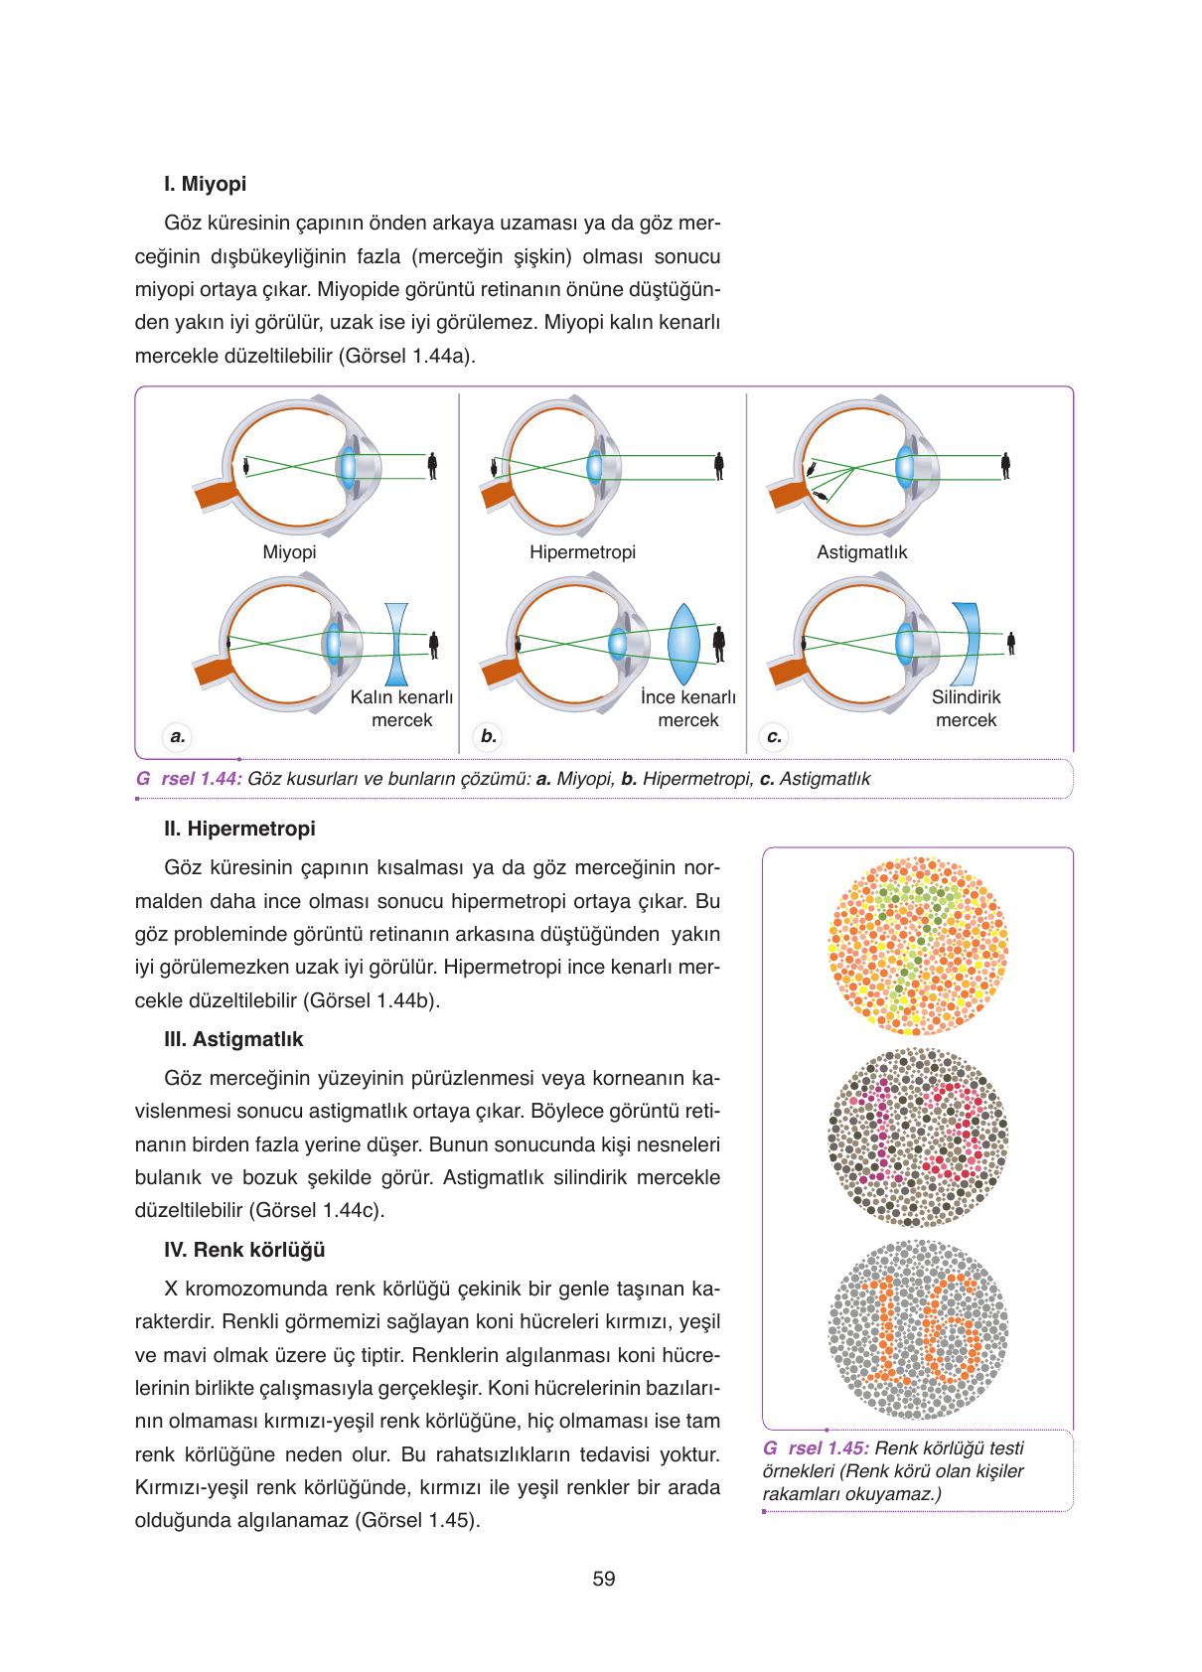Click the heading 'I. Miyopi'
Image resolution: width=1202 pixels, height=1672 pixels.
coord(205,184)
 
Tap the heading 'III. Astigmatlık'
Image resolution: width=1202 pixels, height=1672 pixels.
coord(233,1039)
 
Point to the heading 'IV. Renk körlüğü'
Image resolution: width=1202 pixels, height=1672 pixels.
coord(244,1250)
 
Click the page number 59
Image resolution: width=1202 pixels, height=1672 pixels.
coord(603,1578)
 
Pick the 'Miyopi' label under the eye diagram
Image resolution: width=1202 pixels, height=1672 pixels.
coord(289,552)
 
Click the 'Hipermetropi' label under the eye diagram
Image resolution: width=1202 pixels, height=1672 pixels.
coord(582,552)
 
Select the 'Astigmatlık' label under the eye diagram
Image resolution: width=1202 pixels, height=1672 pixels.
coord(861,552)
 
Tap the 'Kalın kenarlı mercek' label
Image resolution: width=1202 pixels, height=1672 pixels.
coord(401,708)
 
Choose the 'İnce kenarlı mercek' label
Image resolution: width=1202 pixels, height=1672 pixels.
coord(687,708)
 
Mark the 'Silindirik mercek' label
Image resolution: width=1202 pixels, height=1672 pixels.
coord(966,708)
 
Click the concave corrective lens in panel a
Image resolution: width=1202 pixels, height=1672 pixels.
coord(397,643)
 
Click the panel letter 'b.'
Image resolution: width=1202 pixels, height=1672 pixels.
coord(488,736)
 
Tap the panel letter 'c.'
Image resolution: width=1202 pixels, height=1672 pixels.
coord(774,736)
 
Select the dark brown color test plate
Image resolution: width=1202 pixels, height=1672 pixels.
coord(917,1139)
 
